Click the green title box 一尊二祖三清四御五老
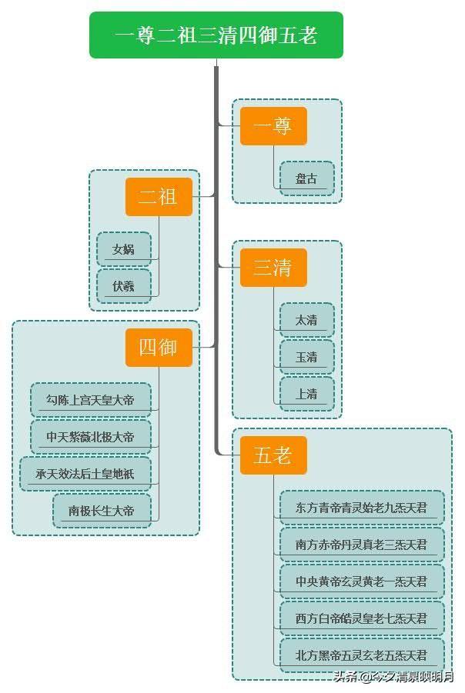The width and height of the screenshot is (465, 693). (x=216, y=35)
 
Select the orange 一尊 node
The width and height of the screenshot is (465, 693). (x=273, y=126)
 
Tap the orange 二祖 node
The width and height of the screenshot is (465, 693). (x=159, y=197)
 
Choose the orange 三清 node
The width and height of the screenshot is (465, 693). (x=273, y=268)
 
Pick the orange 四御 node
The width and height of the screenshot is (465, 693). (x=159, y=348)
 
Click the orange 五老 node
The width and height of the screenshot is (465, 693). (x=273, y=455)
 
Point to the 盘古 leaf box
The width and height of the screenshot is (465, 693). (x=306, y=178)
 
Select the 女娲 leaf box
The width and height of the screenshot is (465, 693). (x=124, y=249)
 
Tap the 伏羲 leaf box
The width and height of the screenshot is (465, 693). (x=124, y=286)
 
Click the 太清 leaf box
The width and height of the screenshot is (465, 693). (x=306, y=320)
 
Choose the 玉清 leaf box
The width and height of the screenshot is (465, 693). (x=306, y=357)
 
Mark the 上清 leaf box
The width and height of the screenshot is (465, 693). (x=306, y=394)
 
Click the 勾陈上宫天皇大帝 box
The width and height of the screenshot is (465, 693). (x=91, y=400)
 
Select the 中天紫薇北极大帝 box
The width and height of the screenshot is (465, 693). (x=91, y=437)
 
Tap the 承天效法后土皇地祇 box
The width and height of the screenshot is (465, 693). (x=85, y=474)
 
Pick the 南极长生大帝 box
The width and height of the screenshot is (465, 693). (x=102, y=511)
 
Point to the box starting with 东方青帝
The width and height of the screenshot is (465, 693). (x=362, y=508)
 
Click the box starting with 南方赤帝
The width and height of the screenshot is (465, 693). (x=362, y=545)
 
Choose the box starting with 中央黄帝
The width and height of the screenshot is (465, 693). (x=362, y=581)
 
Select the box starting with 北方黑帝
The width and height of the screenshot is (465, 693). (x=362, y=655)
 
